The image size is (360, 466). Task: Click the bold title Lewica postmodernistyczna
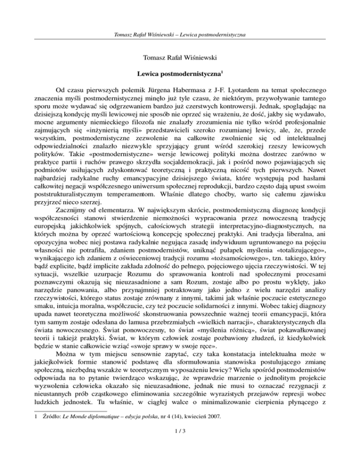tap(178, 74)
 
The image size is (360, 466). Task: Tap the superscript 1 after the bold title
tap(222, 72)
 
